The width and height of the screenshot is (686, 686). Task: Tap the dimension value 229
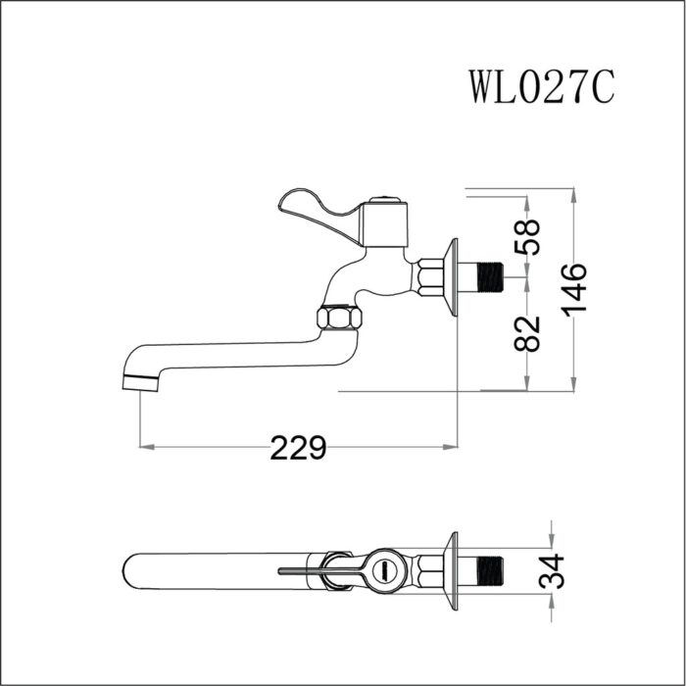pyautogui.click(x=298, y=449)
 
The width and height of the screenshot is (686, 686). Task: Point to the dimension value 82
pyautogui.click(x=529, y=333)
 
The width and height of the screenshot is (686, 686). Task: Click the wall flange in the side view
pyautogui.click(x=452, y=277)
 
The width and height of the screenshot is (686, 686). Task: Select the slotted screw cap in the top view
pyautogui.click(x=385, y=568)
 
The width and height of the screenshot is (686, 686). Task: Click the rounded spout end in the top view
pyautogui.click(x=133, y=569)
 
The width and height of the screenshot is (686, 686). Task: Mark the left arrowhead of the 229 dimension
pyautogui.click(x=147, y=449)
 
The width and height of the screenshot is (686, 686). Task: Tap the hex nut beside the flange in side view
pyautogui.click(x=429, y=277)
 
